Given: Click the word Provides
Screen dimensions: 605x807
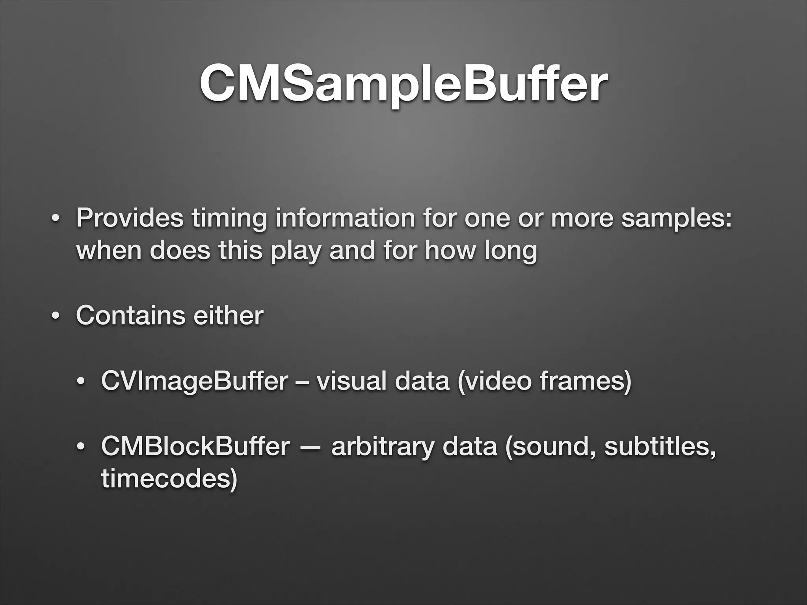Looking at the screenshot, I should click(x=130, y=217).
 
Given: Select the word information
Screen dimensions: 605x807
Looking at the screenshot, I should click(x=345, y=217).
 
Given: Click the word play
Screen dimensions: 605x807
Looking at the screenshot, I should click(x=295, y=251).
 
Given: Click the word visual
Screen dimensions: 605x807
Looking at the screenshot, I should click(x=352, y=381).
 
